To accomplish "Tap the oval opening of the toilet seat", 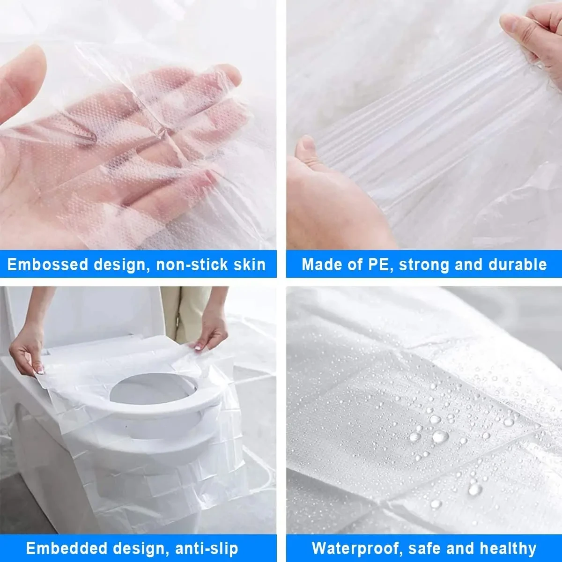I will pos(152,389).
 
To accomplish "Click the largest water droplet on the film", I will pos(440,436).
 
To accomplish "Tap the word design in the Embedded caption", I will pos(140,548).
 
